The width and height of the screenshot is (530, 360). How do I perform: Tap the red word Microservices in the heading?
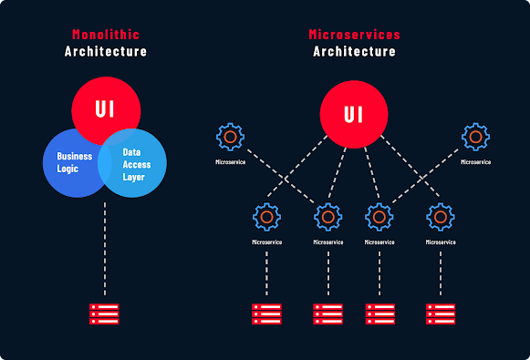click(354, 35)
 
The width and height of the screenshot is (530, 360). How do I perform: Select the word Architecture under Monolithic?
click(106, 51)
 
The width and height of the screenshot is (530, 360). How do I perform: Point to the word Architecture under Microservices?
click(354, 51)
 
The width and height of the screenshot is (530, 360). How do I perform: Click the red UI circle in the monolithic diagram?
click(106, 108)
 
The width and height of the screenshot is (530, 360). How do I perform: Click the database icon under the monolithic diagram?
click(105, 313)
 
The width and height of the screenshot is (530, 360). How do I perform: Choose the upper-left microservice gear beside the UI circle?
click(230, 138)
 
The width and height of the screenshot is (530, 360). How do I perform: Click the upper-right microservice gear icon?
click(475, 138)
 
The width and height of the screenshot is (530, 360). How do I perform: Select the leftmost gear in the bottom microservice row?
click(266, 217)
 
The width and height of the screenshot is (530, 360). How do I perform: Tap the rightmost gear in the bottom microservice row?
click(441, 217)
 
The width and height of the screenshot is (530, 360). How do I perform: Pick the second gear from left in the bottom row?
click(327, 217)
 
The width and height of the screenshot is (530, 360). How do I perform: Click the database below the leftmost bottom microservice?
click(266, 313)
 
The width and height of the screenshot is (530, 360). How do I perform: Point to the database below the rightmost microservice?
click(441, 313)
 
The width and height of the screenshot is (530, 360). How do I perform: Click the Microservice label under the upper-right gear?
click(475, 162)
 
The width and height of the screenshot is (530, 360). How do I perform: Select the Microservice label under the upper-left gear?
click(230, 162)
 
